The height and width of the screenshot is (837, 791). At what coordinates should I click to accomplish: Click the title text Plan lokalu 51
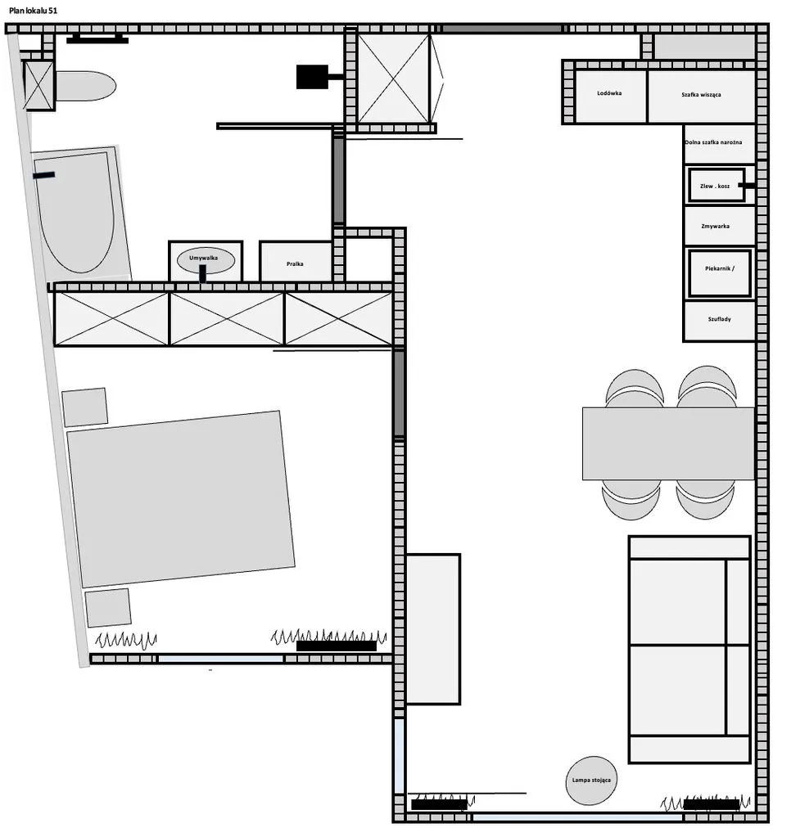coord(33,10)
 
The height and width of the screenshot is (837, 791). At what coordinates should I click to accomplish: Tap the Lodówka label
coord(609,93)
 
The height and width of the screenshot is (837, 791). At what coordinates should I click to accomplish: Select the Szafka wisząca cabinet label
coord(701,94)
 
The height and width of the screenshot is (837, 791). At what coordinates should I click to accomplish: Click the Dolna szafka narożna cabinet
coord(719,144)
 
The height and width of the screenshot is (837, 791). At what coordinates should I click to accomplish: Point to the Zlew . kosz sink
coord(716,186)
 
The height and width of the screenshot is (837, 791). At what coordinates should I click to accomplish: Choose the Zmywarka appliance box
coord(719,226)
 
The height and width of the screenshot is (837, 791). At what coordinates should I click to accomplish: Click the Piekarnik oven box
coord(719,272)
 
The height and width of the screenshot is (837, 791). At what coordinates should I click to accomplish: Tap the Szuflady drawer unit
coord(719,320)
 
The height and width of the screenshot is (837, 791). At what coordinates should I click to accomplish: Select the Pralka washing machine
coord(296,262)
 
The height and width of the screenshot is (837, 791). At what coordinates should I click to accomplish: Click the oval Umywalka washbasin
coord(206,260)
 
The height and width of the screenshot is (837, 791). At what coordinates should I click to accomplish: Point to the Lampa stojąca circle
coord(591,780)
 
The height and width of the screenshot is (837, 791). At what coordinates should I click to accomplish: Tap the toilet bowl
coord(85,86)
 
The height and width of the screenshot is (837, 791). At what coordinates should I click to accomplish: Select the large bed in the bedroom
coord(181,499)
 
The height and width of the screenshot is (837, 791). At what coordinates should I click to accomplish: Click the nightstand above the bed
coord(84,407)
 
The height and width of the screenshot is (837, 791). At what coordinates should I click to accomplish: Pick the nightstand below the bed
coord(108,607)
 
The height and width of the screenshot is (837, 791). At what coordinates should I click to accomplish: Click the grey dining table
coord(668,443)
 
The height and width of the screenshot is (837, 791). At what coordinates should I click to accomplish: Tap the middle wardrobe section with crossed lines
coord(227,318)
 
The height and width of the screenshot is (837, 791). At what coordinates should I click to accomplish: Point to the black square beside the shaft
coord(312,77)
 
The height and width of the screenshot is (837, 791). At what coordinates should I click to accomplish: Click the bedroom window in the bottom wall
coord(220,659)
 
